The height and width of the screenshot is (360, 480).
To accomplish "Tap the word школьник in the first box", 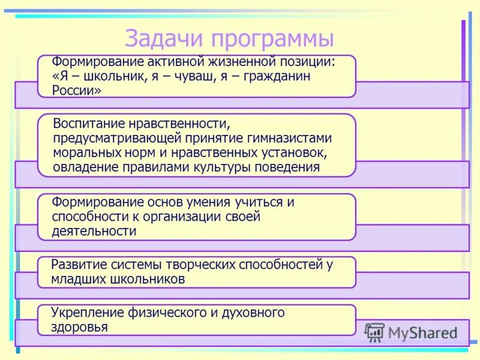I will (107, 77).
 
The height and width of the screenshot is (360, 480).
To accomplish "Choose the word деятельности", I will (94, 231).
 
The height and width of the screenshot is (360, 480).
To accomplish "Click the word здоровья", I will (79, 328).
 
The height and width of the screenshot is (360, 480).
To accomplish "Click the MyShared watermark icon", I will (374, 332).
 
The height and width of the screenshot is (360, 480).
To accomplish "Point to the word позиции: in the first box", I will (305, 62).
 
